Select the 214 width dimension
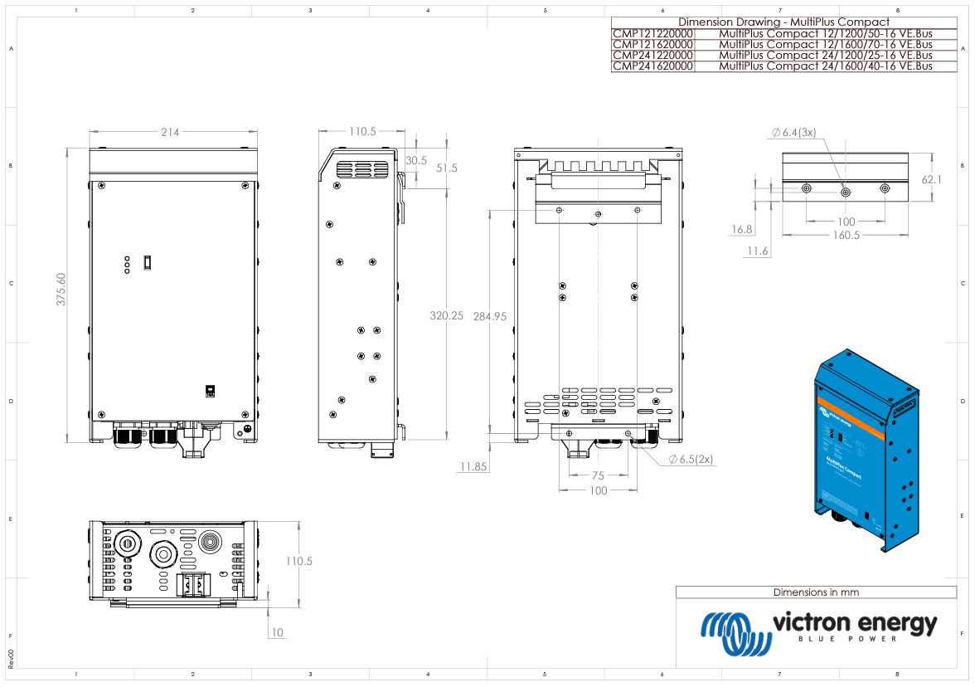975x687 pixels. [x=171, y=132]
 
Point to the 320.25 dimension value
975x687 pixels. [x=447, y=316]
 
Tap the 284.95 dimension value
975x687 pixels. [x=490, y=317]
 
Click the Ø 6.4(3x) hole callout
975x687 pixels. [x=793, y=132]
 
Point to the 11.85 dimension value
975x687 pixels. [x=473, y=467]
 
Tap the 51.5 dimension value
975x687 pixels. [x=447, y=168]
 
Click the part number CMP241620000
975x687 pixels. [x=652, y=66]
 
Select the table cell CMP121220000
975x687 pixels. [x=652, y=34]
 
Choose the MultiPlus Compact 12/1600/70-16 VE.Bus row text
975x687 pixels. [x=825, y=45]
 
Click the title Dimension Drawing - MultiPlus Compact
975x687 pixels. [x=783, y=22]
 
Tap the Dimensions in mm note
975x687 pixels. [x=816, y=592]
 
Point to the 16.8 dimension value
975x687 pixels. [x=742, y=230]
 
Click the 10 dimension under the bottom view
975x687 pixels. [x=277, y=633]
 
